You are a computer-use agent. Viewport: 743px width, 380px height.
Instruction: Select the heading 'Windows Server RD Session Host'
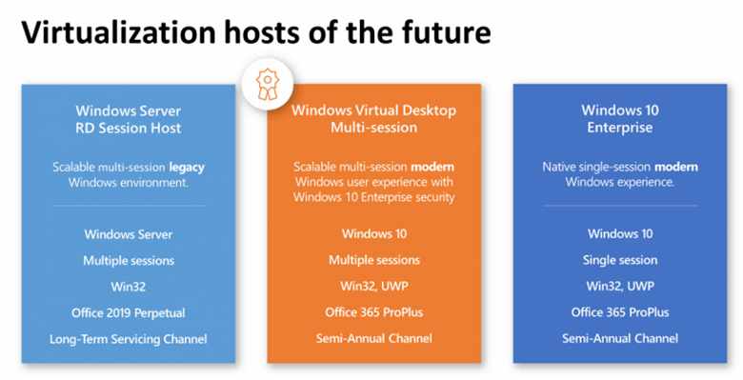[129, 118]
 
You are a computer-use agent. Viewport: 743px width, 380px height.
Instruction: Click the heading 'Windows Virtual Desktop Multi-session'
[373, 118]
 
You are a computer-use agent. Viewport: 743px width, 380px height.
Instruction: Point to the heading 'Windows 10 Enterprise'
[620, 118]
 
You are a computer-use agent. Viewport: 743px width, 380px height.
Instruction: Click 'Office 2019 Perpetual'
[129, 312]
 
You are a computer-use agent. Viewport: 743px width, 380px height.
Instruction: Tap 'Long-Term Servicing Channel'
[129, 339]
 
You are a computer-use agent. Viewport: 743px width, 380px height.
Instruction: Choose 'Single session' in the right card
[620, 260]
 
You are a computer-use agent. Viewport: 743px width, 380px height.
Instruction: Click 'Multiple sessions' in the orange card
[373, 260]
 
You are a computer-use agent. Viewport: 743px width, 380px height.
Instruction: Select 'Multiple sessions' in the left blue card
[129, 260]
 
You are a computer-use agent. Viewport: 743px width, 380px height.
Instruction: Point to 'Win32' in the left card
[129, 286]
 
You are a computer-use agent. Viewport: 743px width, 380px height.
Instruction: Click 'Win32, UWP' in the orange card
[373, 286]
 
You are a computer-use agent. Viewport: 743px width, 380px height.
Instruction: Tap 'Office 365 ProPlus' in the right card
[620, 312]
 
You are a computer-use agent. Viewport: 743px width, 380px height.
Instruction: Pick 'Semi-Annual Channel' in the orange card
[373, 339]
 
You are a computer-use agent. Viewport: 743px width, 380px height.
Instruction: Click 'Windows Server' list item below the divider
[129, 233]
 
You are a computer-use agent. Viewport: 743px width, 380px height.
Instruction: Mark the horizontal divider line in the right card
[620, 205]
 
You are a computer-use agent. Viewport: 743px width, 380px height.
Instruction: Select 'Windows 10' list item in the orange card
[373, 233]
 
